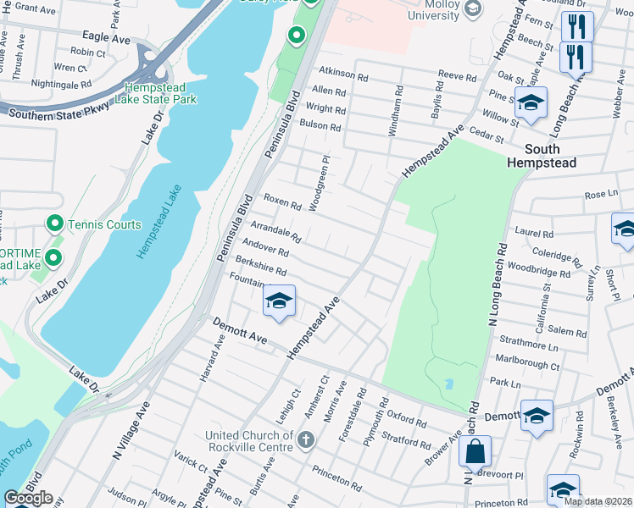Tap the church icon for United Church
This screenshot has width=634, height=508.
point(306,439)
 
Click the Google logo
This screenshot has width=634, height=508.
point(28,498)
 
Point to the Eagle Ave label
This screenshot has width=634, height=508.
point(107,39)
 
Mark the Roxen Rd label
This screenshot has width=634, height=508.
point(282,202)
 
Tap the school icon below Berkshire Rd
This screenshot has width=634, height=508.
point(279,302)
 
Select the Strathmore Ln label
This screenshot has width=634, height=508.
point(530,346)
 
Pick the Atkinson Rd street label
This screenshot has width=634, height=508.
point(343,75)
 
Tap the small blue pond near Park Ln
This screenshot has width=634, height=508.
point(448,384)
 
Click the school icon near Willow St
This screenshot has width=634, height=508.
point(531,103)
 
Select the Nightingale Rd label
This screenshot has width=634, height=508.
point(61,84)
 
